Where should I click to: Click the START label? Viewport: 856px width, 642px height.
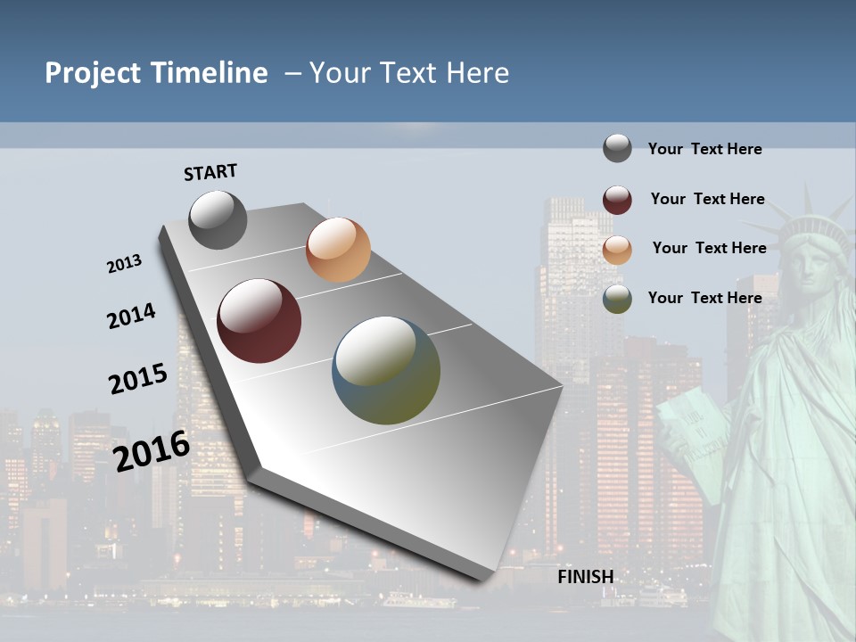pyautogui.click(x=210, y=172)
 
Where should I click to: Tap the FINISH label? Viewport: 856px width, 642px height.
pyautogui.click(x=586, y=577)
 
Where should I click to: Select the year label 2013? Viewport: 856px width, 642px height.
pyautogui.click(x=124, y=264)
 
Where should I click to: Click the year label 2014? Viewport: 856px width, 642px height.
pyautogui.click(x=131, y=317)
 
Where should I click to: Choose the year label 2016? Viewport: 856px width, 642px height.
pyautogui.click(x=152, y=450)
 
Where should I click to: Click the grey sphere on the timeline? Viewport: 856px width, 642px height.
pyautogui.click(x=218, y=219)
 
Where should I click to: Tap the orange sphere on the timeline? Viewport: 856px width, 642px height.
pyautogui.click(x=338, y=250)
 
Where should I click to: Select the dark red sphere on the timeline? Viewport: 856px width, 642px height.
pyautogui.click(x=259, y=321)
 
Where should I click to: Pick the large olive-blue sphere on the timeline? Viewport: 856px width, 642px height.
pyautogui.click(x=386, y=370)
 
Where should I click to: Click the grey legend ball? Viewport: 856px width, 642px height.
pyautogui.click(x=617, y=148)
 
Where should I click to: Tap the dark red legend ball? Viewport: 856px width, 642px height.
pyautogui.click(x=617, y=200)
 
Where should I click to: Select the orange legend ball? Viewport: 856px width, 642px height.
pyautogui.click(x=617, y=250)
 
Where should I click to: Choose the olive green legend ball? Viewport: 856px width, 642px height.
pyautogui.click(x=617, y=299)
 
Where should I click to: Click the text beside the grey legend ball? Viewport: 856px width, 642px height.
pyautogui.click(x=704, y=149)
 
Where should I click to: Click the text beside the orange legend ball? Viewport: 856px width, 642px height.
pyautogui.click(x=709, y=248)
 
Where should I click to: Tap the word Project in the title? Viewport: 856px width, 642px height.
pyautogui.click(x=93, y=73)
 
